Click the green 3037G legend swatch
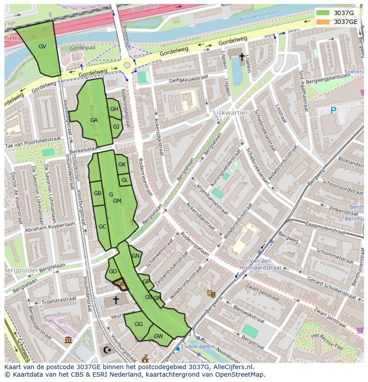(x=323, y=13)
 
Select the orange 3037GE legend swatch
(x=323, y=22)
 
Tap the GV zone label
(x=42, y=46)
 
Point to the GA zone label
(x=94, y=120)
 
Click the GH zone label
(x=114, y=109)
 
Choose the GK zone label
(x=122, y=165)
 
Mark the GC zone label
(x=102, y=227)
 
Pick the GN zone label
(x=136, y=256)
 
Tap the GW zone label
(x=158, y=336)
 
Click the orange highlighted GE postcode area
(x=120, y=284)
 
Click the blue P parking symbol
(x=333, y=110)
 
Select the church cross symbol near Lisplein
(x=242, y=57)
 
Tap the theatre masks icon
(x=211, y=293)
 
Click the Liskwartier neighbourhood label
(x=230, y=113)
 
